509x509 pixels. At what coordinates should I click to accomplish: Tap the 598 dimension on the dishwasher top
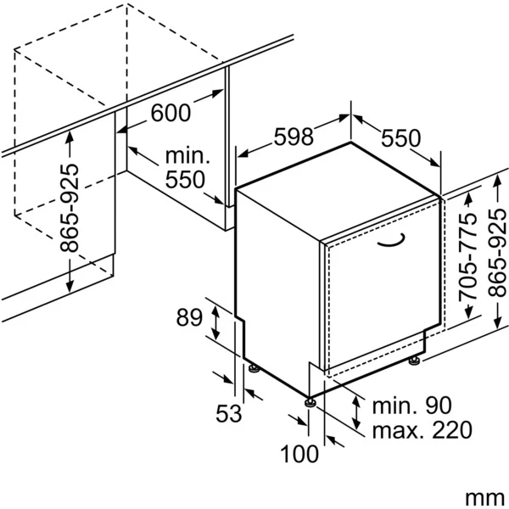(x=294, y=135)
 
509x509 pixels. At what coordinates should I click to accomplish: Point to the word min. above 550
(x=187, y=156)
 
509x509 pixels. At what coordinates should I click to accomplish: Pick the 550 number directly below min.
(x=185, y=179)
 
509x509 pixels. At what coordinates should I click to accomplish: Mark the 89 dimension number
(x=189, y=317)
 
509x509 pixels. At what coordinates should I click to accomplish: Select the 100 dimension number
(x=299, y=454)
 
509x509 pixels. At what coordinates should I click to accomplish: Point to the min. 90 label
(x=404, y=405)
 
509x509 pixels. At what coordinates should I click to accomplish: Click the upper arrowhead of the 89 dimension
(x=217, y=310)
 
